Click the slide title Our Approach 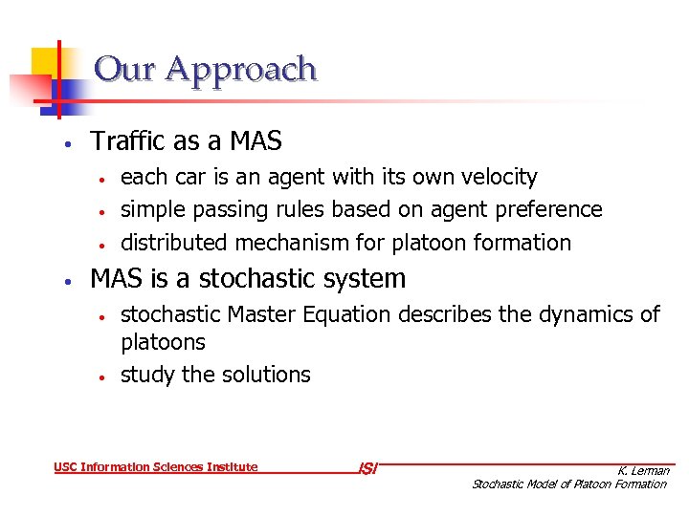point(206,70)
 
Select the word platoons point(163,342)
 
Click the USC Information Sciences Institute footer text point(156,467)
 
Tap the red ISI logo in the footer point(367,468)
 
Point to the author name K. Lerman point(643,470)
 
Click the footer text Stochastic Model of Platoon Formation point(568,484)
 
